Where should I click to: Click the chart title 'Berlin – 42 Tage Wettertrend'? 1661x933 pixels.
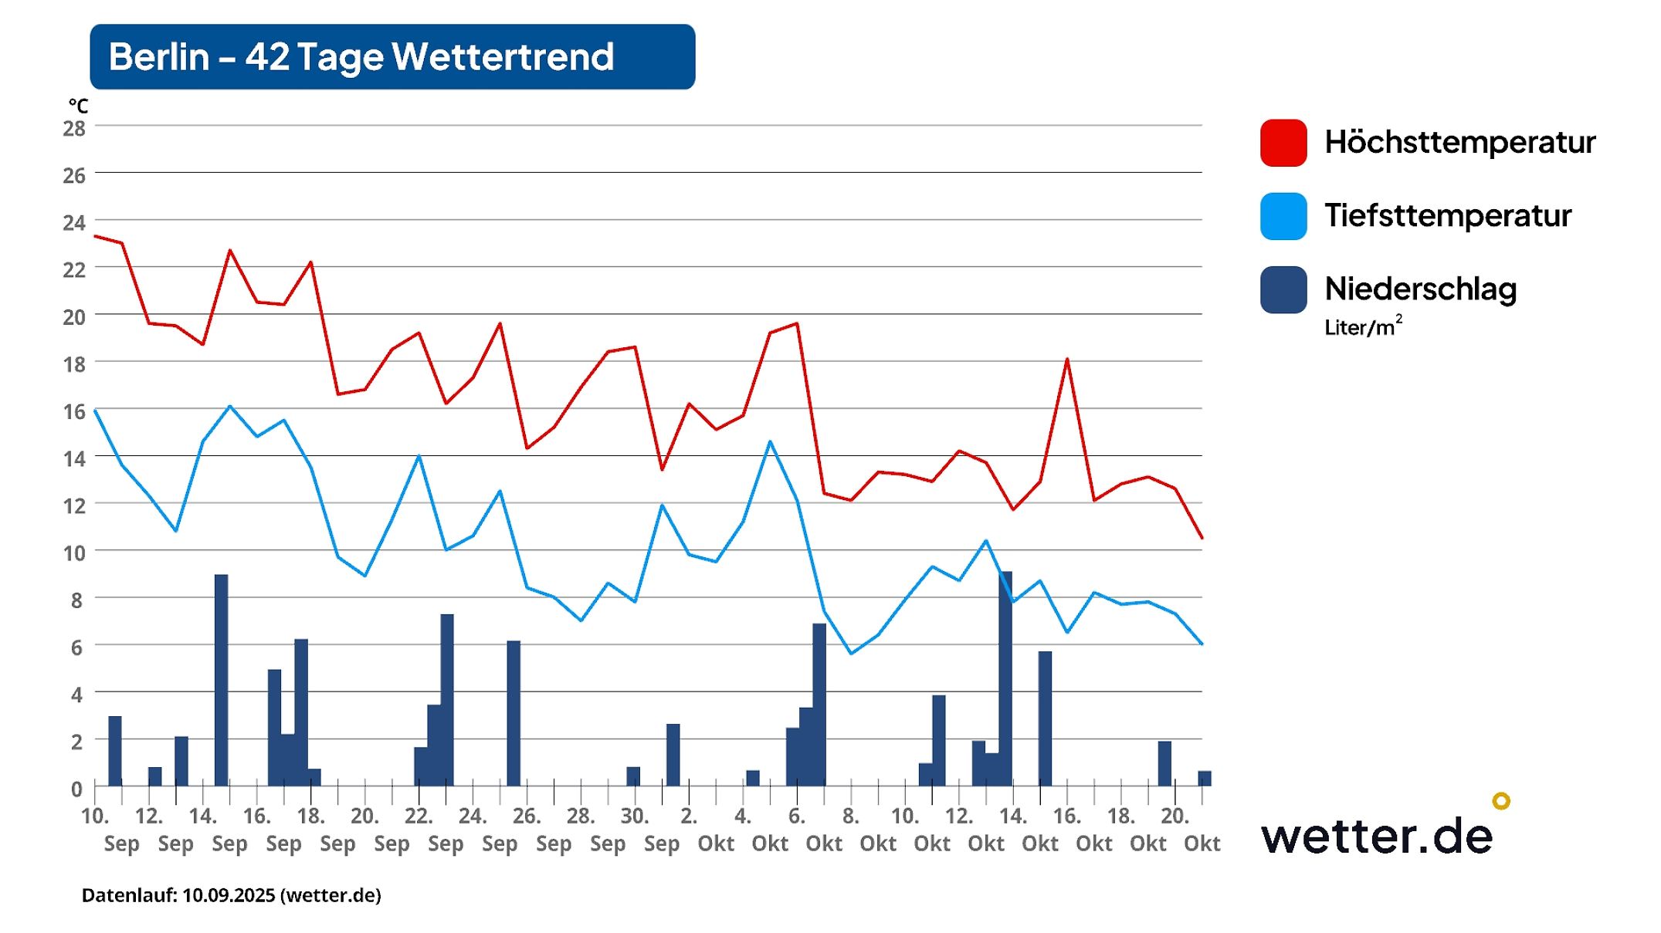coord(361,57)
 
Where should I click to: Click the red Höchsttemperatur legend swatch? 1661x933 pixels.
coord(1283,143)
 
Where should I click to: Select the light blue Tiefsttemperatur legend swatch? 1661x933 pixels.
coord(1283,216)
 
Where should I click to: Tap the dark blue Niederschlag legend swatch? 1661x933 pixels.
coord(1283,289)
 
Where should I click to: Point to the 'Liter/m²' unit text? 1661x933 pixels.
coord(1362,327)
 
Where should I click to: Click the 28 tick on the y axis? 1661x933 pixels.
coord(74,129)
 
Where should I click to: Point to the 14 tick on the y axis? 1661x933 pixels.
coord(74,459)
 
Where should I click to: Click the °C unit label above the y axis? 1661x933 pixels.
coord(78,106)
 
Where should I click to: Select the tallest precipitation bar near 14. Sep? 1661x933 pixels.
coord(221,679)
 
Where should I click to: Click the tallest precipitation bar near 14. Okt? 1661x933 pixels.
coord(1005,679)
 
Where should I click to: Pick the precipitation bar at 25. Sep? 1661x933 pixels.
coord(514,713)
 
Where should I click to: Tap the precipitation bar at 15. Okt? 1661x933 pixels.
coord(1045,718)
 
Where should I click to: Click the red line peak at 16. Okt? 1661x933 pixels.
coord(1067,360)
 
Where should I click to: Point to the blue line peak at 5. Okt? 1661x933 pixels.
coord(770,442)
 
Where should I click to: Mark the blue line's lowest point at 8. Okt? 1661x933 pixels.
coord(851,653)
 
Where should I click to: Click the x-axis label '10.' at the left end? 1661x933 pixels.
coord(95,816)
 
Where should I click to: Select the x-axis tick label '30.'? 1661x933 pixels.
coord(635,816)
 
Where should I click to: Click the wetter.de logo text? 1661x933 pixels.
coord(1376,837)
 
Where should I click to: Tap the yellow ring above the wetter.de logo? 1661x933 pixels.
coord(1500,800)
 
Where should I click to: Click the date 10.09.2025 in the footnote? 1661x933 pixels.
coord(229,895)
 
